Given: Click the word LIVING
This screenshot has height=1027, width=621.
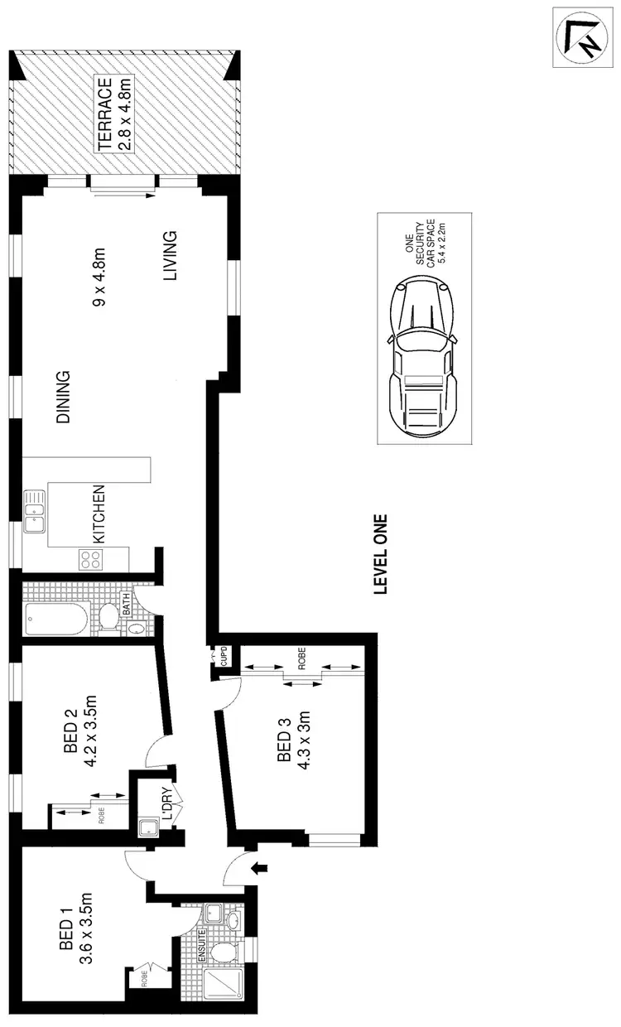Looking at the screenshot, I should click(x=171, y=257).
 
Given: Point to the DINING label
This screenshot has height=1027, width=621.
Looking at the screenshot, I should click(x=63, y=398).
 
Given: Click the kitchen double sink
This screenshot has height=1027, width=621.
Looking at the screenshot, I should click(x=36, y=512).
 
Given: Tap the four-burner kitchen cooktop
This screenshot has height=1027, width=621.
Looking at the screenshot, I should click(x=91, y=559).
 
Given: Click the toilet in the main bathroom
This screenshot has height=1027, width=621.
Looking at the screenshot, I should click(x=110, y=617).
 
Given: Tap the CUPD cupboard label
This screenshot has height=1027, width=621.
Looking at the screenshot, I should click(x=224, y=658).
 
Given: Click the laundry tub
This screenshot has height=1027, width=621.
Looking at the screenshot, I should click(x=149, y=827).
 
